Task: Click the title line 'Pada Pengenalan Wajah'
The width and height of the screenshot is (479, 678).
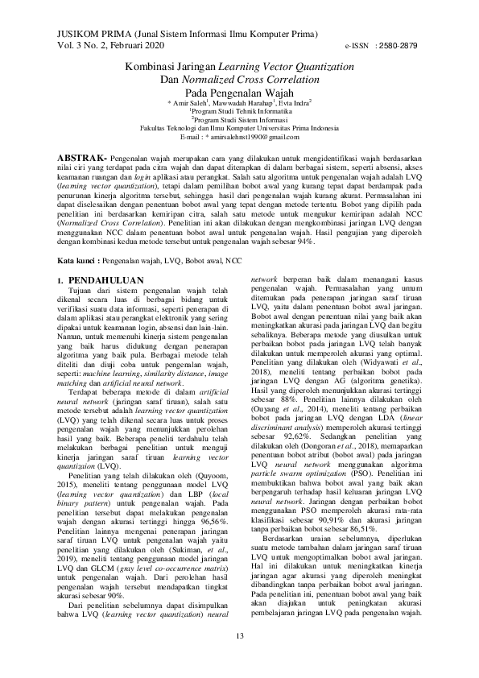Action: coord(238,93)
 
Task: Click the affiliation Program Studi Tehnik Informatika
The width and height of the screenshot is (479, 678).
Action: coord(239,111)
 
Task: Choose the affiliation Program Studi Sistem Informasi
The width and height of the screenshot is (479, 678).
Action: coord(239,120)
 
